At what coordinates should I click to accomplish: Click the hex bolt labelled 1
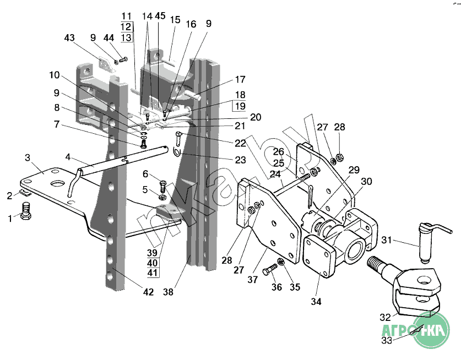pyautogui.click(x=26, y=211)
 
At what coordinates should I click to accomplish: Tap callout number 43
pyautogui.click(x=69, y=37)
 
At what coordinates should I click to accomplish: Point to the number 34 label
pyautogui.click(x=316, y=302)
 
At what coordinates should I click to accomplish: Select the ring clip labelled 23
pyautogui.click(x=177, y=153)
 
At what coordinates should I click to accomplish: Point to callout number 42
pyautogui.click(x=149, y=292)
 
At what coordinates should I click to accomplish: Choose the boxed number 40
pyautogui.click(x=153, y=263)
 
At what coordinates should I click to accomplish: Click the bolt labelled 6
pyautogui.click(x=162, y=186)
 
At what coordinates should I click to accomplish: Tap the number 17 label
pyautogui.click(x=240, y=79)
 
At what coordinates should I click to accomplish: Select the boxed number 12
pyautogui.click(x=126, y=27)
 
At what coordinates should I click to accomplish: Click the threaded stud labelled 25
pyautogui.click(x=305, y=177)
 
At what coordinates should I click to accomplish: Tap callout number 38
pyautogui.click(x=168, y=292)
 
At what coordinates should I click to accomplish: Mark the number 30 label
pyautogui.click(x=366, y=181)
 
